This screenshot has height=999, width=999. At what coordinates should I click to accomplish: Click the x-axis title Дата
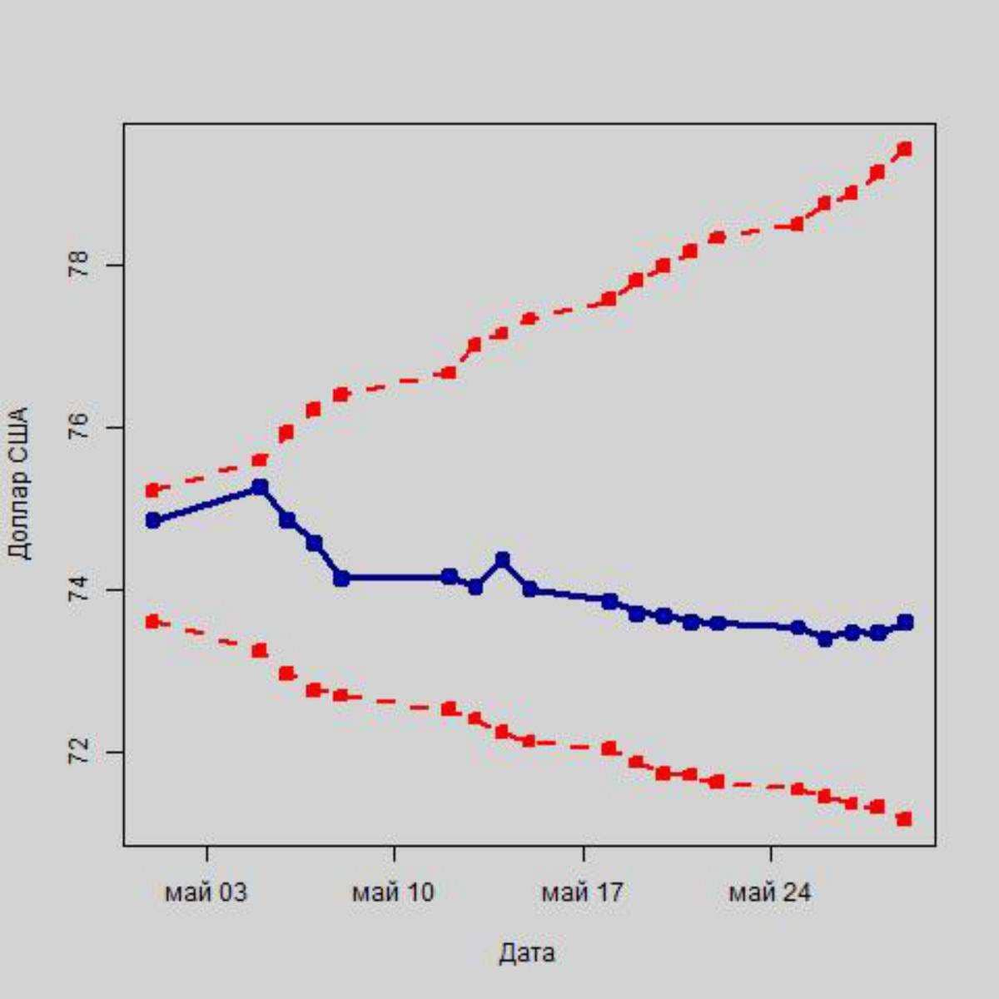tap(526, 952)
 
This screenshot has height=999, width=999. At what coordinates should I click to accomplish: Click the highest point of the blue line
tap(260, 486)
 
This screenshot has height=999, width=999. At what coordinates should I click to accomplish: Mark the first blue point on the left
tap(152, 520)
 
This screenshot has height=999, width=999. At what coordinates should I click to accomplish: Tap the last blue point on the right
tap(905, 622)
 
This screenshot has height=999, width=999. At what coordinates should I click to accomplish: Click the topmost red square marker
tap(905, 149)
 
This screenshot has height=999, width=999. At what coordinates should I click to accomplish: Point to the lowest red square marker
tap(905, 819)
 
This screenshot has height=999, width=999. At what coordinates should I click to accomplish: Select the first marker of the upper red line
tap(152, 490)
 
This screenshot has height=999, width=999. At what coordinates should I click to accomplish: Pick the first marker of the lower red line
tap(152, 621)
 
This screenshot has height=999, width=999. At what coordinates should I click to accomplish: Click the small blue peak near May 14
tap(502, 559)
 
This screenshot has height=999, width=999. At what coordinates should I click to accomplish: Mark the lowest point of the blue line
tap(825, 639)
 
